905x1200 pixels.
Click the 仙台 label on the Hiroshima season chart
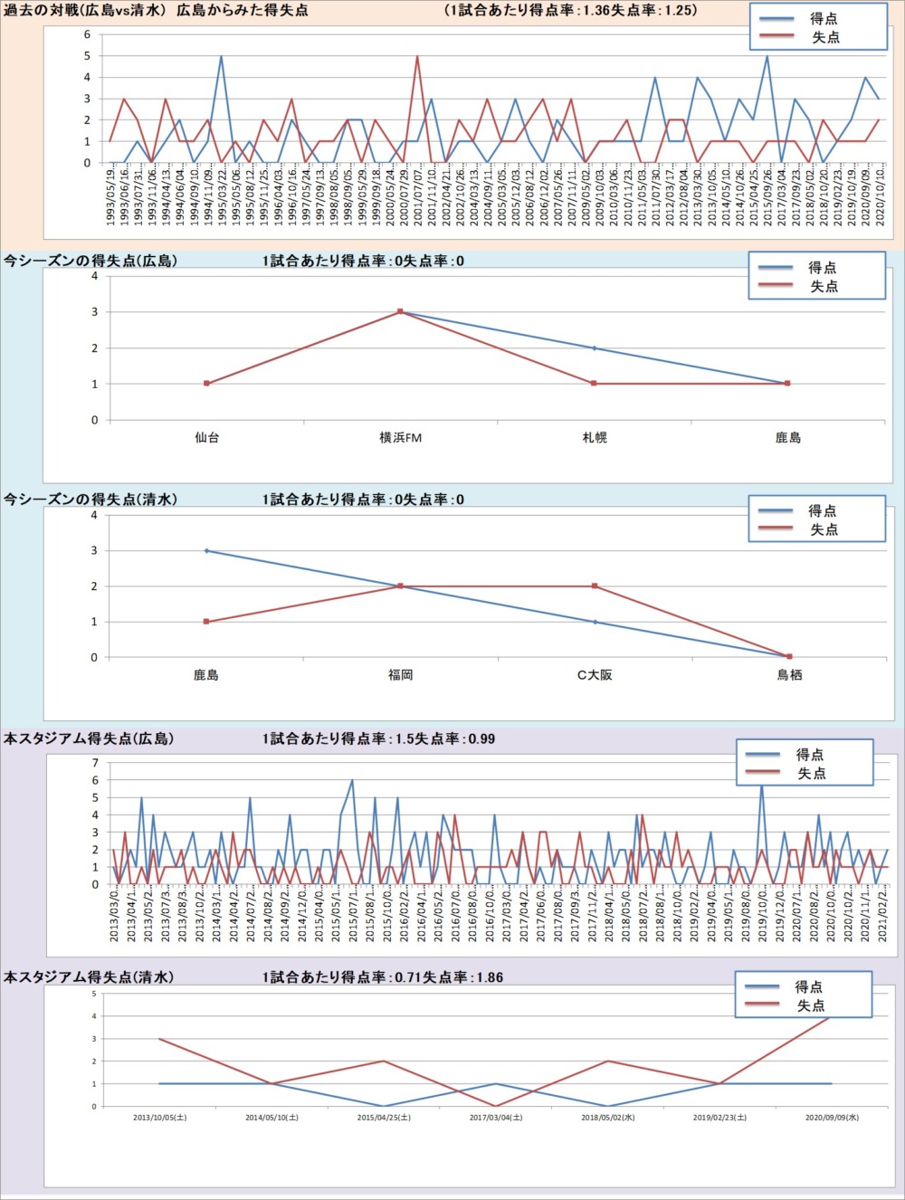(x=206, y=438)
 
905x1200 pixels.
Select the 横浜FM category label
(x=400, y=438)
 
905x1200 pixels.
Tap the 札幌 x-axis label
(x=595, y=438)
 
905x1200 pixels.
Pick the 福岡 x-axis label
(x=400, y=675)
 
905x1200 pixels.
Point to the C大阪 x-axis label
(x=595, y=675)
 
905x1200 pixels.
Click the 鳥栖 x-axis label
(x=789, y=675)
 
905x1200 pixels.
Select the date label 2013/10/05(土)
(x=160, y=1118)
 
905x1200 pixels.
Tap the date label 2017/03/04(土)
(x=496, y=1118)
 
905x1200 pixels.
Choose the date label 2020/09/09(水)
(x=832, y=1118)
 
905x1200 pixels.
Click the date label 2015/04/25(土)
(x=384, y=1118)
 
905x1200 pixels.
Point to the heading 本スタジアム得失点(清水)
(x=89, y=977)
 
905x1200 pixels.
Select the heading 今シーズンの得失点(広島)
(x=90, y=261)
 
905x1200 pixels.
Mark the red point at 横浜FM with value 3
(x=400, y=311)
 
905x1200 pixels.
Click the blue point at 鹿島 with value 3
(x=206, y=550)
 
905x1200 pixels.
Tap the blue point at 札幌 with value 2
(x=595, y=348)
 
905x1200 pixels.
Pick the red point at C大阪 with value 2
(x=595, y=586)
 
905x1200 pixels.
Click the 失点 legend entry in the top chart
(x=824, y=37)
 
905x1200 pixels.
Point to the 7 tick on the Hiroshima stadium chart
(x=95, y=763)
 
